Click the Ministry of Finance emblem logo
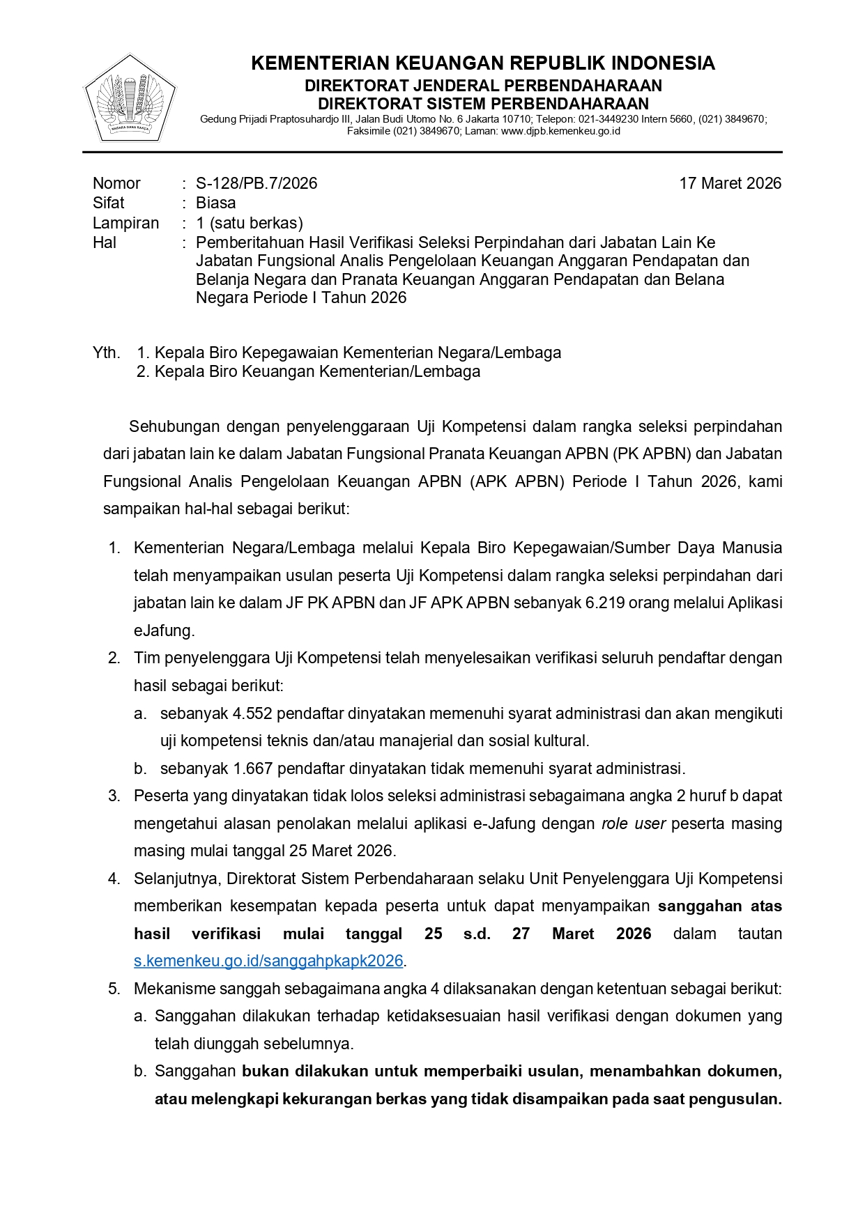(x=130, y=99)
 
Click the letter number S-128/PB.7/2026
(x=256, y=183)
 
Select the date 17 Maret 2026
(x=730, y=183)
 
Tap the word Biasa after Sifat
(x=215, y=203)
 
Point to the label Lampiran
(x=125, y=223)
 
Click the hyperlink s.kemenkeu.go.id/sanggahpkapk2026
(x=268, y=961)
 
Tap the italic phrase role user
(x=633, y=823)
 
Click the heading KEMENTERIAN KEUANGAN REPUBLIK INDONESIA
(x=482, y=63)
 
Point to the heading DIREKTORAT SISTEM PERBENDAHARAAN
(x=482, y=104)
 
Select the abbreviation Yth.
(x=106, y=353)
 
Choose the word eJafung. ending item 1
(x=164, y=631)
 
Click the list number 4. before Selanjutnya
(x=114, y=879)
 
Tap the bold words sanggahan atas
(x=719, y=906)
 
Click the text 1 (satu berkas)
(x=249, y=223)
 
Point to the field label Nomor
(x=116, y=183)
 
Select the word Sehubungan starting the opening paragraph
(x=174, y=426)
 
